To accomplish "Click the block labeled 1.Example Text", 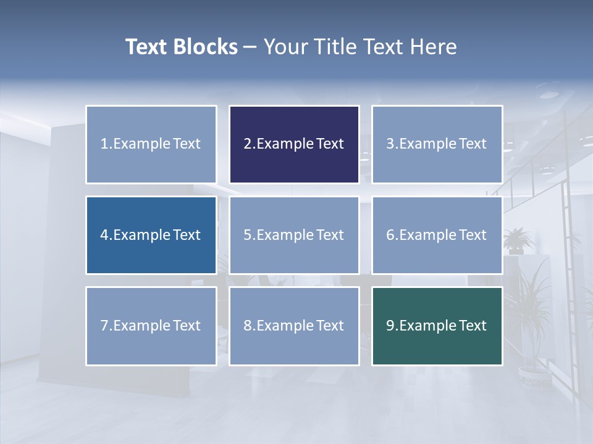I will [x=151, y=144].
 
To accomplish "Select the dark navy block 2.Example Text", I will [x=294, y=144].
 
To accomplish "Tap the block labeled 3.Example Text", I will [x=437, y=144].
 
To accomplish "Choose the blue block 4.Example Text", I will [x=151, y=235].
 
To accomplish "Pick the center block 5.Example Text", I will [x=294, y=235].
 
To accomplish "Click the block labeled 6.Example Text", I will [x=437, y=235].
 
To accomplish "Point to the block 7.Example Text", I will [x=151, y=326].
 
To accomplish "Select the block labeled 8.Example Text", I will [x=294, y=326].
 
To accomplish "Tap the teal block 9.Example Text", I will [x=437, y=326].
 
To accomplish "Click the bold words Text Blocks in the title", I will [x=181, y=47].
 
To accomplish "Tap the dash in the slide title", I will [x=250, y=47].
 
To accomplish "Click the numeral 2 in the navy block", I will [x=247, y=144].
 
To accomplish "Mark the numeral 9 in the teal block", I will [x=390, y=326].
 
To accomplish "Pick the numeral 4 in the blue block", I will [x=104, y=235].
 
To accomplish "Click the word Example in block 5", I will [x=285, y=235].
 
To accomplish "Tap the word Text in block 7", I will [x=187, y=326].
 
